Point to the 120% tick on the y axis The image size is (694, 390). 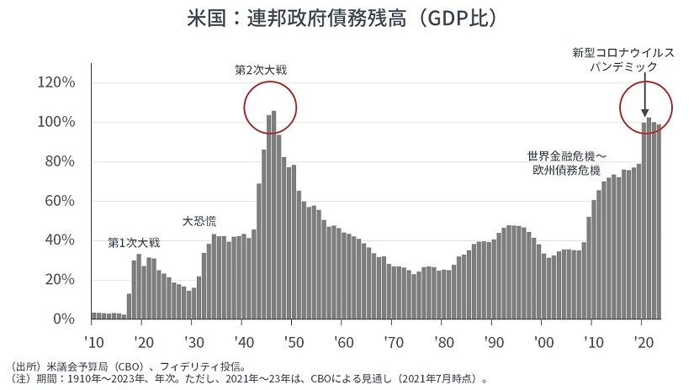pyautogui.click(x=57, y=82)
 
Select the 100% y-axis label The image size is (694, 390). pyautogui.click(x=57, y=122)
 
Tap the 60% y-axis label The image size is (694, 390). pyautogui.click(x=61, y=201)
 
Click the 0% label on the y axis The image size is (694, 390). pyautogui.click(x=65, y=319)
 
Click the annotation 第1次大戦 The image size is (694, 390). pyautogui.click(x=133, y=243)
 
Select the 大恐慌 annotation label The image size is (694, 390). pyautogui.click(x=199, y=221)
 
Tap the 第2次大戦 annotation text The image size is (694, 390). pyautogui.click(x=261, y=69)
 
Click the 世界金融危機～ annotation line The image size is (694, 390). pyautogui.click(x=566, y=155)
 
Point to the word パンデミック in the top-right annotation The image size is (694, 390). pyautogui.click(x=622, y=66)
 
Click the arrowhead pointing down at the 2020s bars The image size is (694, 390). pyautogui.click(x=644, y=113)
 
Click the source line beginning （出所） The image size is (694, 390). pyautogui.click(x=126, y=366)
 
